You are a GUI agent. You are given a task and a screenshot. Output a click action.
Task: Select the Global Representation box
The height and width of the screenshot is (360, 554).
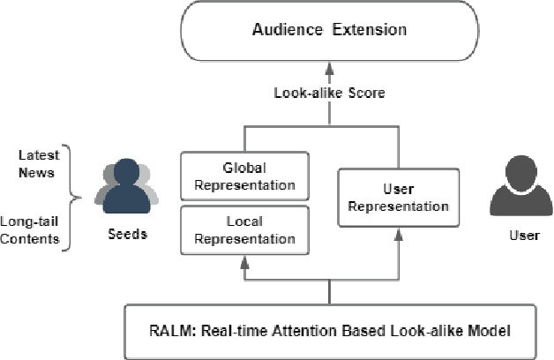click(x=244, y=176)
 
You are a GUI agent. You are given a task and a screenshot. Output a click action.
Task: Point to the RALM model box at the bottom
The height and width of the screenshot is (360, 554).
click(x=330, y=332)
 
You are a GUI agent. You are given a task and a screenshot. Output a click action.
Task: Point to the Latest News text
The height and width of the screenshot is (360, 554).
click(x=37, y=164)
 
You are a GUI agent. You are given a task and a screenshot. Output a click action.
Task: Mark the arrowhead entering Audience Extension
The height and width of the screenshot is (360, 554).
click(x=330, y=67)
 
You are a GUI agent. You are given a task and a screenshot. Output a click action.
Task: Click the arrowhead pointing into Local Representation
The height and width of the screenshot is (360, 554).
click(x=244, y=256)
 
